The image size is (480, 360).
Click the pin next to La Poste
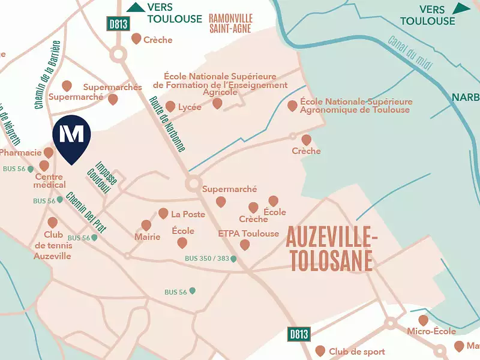coord(163,214)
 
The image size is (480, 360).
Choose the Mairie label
coord(148,237)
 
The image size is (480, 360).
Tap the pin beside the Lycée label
coord(170,107)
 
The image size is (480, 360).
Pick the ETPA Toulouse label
coord(248,233)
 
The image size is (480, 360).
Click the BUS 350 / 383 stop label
coord(207,259)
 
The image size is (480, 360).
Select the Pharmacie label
coord(20,152)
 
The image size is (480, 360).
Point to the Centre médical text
coord(50,181)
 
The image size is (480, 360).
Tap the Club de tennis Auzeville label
coord(53,246)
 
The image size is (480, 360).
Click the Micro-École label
coord(431,331)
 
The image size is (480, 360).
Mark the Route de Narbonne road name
coord(167,123)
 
